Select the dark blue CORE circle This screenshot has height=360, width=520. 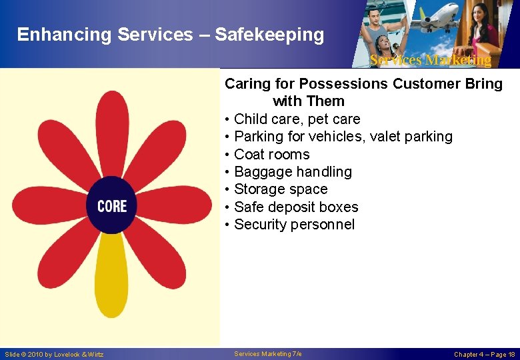click(x=111, y=205)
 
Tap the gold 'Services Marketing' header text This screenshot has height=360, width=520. click(x=430, y=60)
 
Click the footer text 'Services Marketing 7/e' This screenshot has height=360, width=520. click(x=268, y=354)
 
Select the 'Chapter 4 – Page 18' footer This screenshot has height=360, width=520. click(x=484, y=355)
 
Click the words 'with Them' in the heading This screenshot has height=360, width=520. click(x=309, y=101)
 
